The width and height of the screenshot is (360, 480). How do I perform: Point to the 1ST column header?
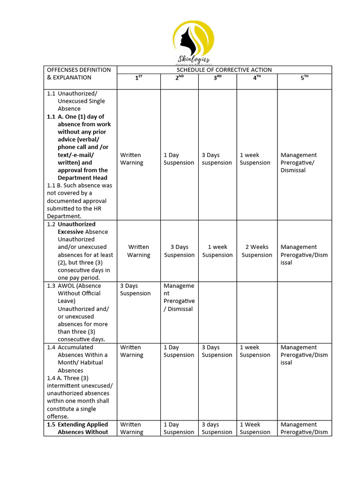(x=138, y=78)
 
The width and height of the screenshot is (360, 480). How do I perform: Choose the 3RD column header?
(x=217, y=78)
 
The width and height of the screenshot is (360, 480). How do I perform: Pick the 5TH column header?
(x=305, y=78)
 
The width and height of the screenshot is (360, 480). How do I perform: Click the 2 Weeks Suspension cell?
(x=257, y=251)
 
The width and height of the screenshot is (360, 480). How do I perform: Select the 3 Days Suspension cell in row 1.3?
(x=135, y=289)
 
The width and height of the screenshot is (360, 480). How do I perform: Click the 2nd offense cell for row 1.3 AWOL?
(x=179, y=297)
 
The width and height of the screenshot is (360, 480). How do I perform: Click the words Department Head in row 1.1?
(x=82, y=178)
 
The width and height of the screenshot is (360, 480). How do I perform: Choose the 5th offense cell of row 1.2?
(x=304, y=255)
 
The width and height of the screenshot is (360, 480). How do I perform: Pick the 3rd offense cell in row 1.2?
(x=217, y=251)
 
